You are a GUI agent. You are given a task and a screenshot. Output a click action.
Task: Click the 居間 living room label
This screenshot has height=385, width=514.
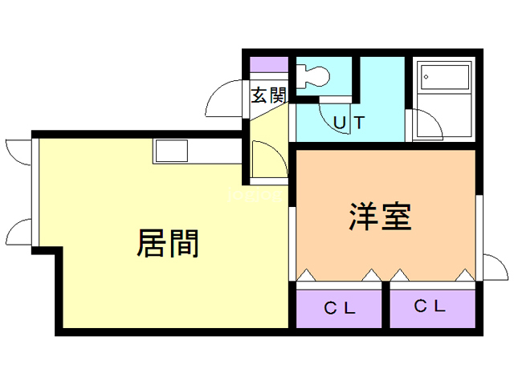pyautogui.click(x=168, y=243)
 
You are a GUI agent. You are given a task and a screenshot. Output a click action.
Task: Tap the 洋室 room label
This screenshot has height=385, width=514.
pyautogui.click(x=380, y=217)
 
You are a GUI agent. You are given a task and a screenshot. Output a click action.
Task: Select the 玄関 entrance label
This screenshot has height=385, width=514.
pyautogui.click(x=269, y=95)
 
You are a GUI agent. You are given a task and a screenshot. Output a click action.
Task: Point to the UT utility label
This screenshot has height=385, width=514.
pyautogui.click(x=349, y=123)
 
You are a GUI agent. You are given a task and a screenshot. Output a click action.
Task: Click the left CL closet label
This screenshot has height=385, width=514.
pyautogui.click(x=340, y=308)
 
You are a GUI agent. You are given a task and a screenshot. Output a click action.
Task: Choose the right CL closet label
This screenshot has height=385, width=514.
pyautogui.click(x=430, y=306)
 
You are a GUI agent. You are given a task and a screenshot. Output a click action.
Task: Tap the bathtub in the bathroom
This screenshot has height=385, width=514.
pyautogui.click(x=445, y=77)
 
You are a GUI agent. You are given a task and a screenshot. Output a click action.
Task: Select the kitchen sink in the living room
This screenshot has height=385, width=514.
pyautogui.click(x=171, y=151)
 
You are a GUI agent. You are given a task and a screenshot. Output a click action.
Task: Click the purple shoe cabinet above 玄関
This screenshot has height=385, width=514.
pyautogui.click(x=269, y=64)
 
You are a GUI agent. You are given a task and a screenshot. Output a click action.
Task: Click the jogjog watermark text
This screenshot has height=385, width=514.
pyautogui.click(x=255, y=195)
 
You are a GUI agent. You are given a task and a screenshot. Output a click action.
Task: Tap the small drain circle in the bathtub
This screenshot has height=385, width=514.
pyautogui.click(x=426, y=77)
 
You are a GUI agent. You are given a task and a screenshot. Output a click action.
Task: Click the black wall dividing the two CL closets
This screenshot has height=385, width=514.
pyautogui.click(x=385, y=305)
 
